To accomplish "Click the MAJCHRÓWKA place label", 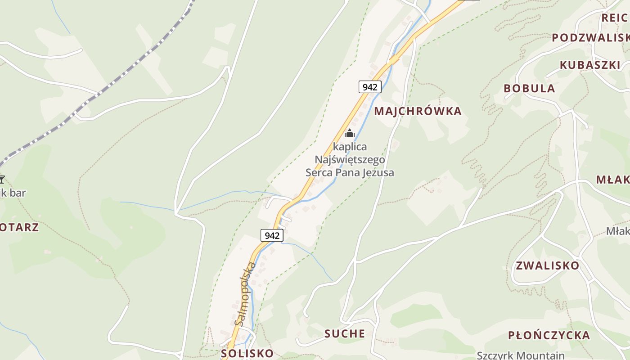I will (x=418, y=111).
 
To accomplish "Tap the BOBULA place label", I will (x=529, y=88).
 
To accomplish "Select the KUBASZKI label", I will (x=589, y=65).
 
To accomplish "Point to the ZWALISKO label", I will (x=547, y=265).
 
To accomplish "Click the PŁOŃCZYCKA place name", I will (x=549, y=335).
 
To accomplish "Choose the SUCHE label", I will (x=345, y=333).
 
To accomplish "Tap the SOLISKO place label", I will (x=247, y=353).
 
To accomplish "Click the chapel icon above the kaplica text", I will (x=350, y=133).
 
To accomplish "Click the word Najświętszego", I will (x=350, y=160).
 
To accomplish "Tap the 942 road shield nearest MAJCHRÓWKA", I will (x=370, y=87).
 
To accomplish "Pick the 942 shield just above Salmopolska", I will (x=272, y=235).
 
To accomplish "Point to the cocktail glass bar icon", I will (x=2, y=180).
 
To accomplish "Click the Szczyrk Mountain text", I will (x=520, y=355).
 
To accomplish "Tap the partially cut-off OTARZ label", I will (x=19, y=227).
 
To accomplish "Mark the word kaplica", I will (x=350, y=147).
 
